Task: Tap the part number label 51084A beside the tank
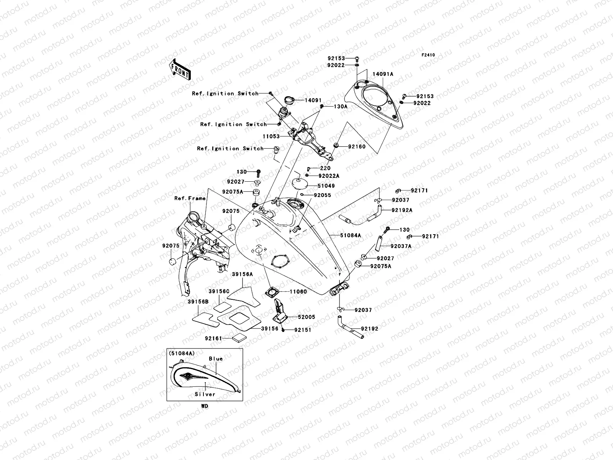[x=351, y=235]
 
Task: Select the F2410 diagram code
[x=428, y=55]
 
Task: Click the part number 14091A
[x=383, y=74]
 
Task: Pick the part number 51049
[x=326, y=186]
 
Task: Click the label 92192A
[x=402, y=210]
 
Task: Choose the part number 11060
[x=298, y=292]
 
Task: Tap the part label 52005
[x=306, y=317]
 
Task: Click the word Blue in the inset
[x=216, y=359]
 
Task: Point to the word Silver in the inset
[x=205, y=394]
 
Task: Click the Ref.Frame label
[x=190, y=198]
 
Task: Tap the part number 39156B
[x=198, y=302]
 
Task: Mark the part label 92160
[x=357, y=146]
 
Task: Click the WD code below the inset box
[x=205, y=406]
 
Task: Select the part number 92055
[x=322, y=195]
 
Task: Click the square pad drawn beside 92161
[x=239, y=338]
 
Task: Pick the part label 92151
[x=303, y=330]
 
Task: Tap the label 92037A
[x=401, y=246]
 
